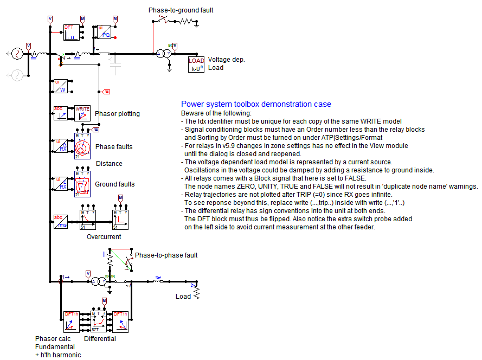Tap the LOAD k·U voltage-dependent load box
tap(196, 65)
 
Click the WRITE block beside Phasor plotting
tap(82, 113)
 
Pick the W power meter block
tap(60, 86)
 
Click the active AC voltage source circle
tap(16, 53)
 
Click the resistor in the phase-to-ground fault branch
tap(187, 22)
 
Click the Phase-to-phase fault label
tap(166, 255)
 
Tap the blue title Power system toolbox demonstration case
tap(256, 104)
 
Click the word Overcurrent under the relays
tap(104, 237)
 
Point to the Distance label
tap(109, 164)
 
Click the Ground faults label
tap(114, 184)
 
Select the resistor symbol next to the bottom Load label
tap(197, 292)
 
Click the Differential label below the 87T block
tap(100, 339)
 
